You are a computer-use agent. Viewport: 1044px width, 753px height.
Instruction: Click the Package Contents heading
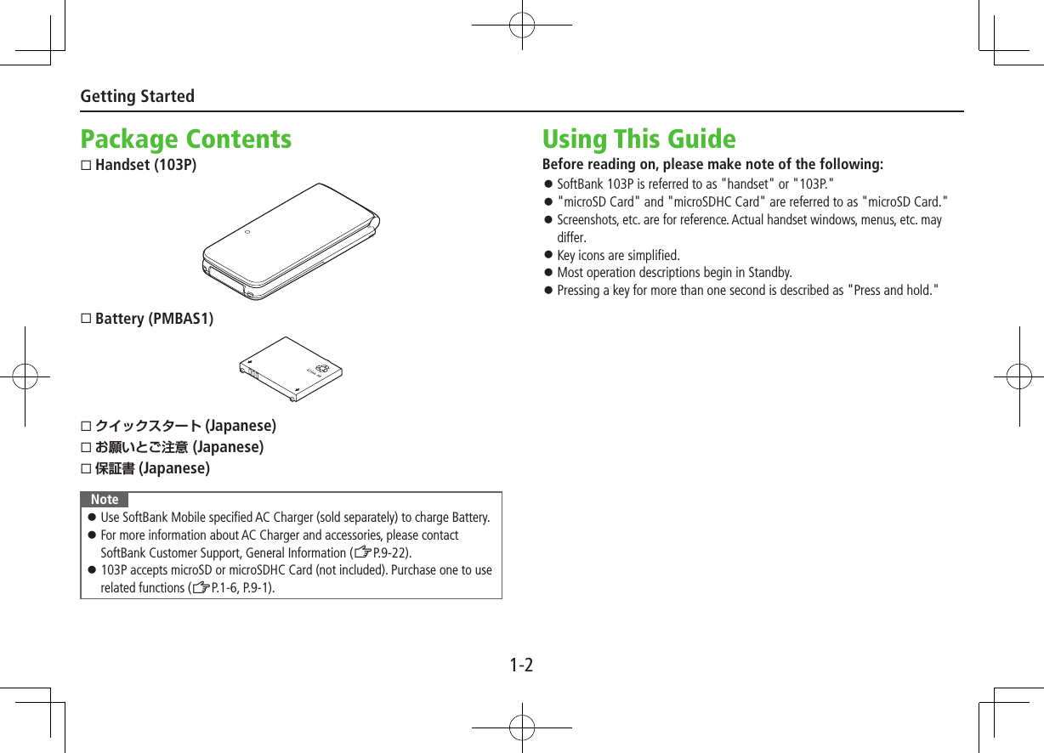pyautogui.click(x=185, y=139)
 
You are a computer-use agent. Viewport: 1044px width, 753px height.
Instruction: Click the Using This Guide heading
pyautogui.click(x=638, y=139)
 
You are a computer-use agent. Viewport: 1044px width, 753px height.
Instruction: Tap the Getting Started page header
pyautogui.click(x=137, y=96)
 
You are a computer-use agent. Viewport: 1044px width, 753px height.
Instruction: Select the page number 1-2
pyautogui.click(x=521, y=665)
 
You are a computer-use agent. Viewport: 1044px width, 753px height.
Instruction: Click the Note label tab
pyautogui.click(x=105, y=500)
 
